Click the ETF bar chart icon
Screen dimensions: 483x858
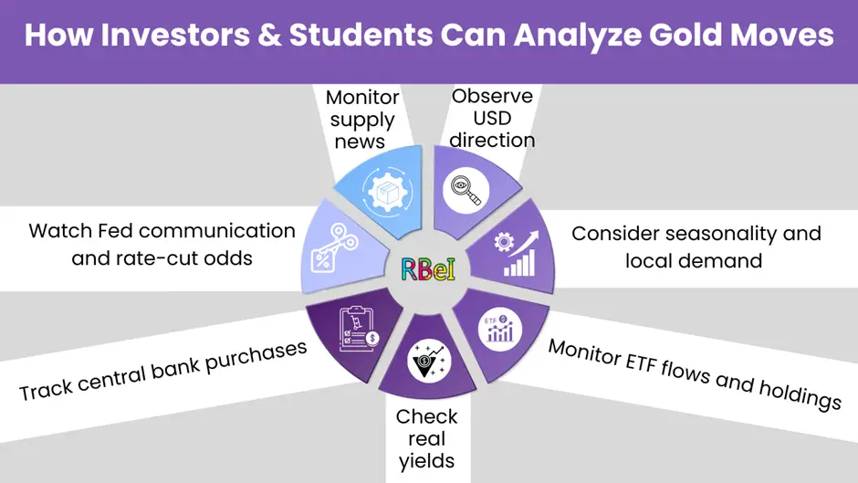[498, 325]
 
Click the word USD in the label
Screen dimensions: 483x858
[492, 118]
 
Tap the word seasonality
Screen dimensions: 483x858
[712, 234]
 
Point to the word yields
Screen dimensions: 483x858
[426, 461]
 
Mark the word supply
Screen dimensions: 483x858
[362, 120]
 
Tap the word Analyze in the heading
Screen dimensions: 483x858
[572, 36]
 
